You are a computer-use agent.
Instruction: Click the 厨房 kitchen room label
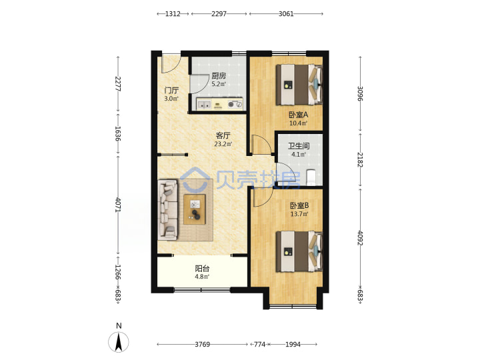219,75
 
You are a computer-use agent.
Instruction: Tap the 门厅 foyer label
171,90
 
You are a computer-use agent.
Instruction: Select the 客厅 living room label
223,135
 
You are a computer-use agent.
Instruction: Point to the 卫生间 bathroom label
299,146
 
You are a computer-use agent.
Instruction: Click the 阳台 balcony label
202,269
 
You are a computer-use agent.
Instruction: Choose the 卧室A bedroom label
298,115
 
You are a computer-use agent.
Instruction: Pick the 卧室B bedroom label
299,205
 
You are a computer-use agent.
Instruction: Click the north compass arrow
119,342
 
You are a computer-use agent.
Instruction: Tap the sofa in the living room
167,210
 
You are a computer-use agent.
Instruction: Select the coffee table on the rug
195,209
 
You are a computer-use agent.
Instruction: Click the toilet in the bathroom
311,177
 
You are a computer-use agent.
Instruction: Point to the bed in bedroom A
299,85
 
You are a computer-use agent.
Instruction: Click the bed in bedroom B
299,251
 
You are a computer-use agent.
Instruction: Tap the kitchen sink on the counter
204,105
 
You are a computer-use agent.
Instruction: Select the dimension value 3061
286,14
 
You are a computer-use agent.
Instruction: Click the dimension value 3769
203,345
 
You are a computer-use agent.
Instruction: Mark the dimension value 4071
118,205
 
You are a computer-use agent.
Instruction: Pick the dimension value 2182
360,160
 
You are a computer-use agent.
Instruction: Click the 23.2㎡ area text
223,144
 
